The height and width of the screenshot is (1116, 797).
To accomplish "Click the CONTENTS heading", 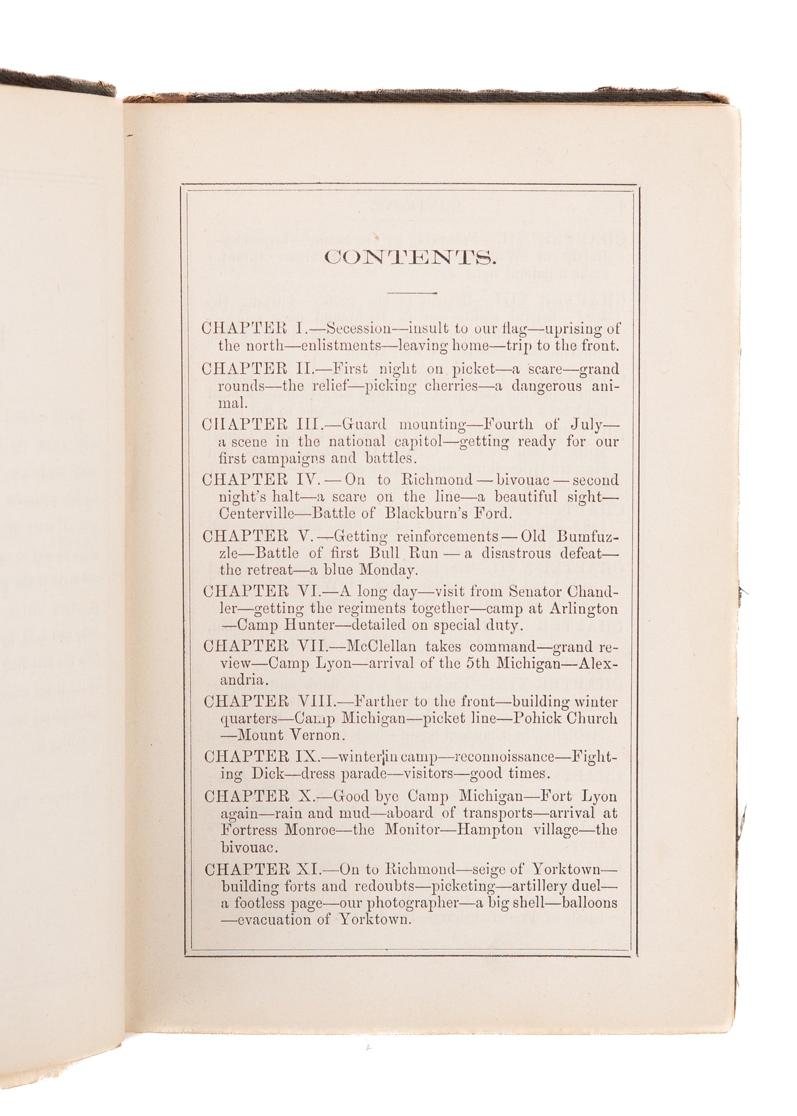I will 410,258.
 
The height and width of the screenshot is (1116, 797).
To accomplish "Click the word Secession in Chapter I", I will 359,329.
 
